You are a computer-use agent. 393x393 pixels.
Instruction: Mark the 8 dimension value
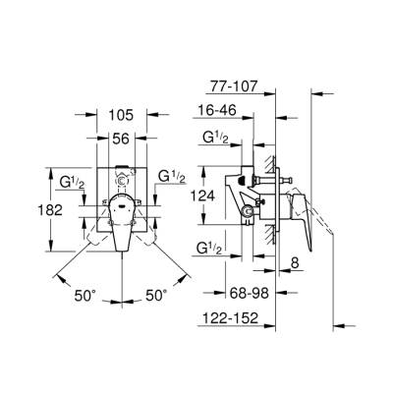295,262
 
